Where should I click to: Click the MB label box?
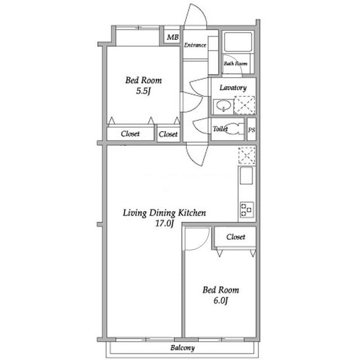[x=173, y=37]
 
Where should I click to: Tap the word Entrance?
[x=195, y=45]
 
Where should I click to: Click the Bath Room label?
[x=236, y=64]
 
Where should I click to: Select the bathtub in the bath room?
[x=238, y=42]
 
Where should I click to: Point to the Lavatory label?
[x=233, y=88]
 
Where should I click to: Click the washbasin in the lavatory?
[x=223, y=106]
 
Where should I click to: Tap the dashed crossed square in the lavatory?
[x=245, y=105]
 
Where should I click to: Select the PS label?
[x=251, y=130]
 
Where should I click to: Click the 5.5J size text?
[x=143, y=91]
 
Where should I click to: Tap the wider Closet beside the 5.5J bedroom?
[x=130, y=134]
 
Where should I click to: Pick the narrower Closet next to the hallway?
[x=168, y=134]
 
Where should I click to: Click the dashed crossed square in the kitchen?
[x=247, y=155]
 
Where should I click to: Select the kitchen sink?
[x=246, y=175]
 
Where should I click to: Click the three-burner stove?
[x=247, y=210]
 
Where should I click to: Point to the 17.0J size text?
[x=164, y=223]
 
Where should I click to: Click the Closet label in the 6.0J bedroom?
[x=236, y=237]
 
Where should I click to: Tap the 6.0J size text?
[x=220, y=300]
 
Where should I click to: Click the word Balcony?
[x=182, y=348]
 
